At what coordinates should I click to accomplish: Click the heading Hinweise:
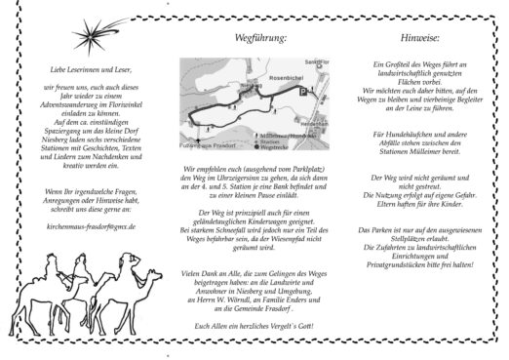coord(413,41)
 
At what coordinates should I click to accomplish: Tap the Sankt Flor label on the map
coord(312,66)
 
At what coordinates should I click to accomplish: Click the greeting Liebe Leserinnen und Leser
coord(82,70)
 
